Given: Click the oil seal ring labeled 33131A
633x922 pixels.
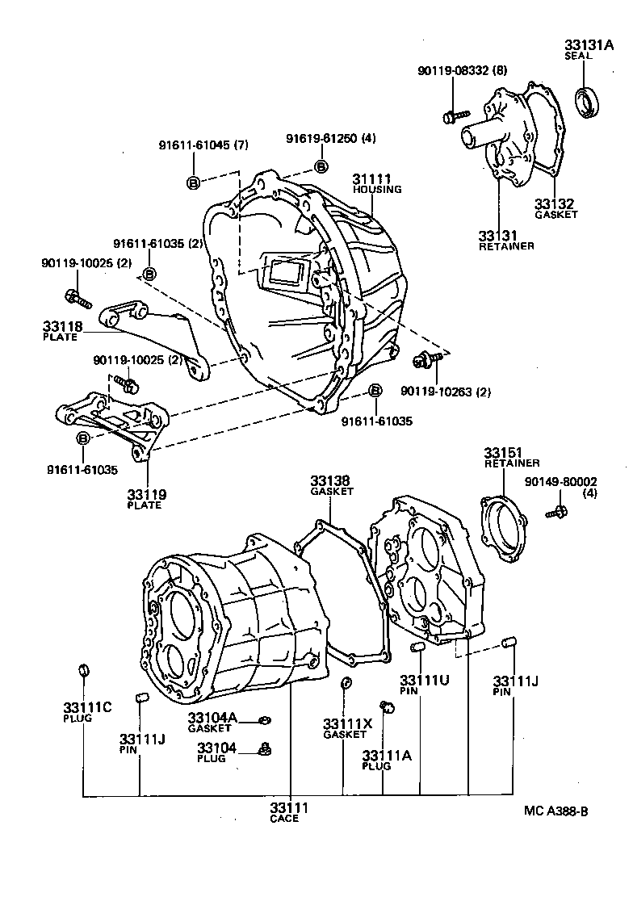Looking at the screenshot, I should click(587, 102).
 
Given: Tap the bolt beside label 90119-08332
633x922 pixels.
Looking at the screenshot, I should click(452, 117).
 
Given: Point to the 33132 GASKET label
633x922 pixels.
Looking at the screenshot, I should click(556, 208).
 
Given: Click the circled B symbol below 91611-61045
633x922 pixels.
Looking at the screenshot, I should click(194, 182).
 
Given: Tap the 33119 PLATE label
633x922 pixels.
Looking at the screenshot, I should click(145, 498).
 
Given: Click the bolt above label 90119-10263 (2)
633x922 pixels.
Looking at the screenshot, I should click(421, 360).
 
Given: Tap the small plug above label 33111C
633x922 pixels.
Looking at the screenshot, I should click(83, 669).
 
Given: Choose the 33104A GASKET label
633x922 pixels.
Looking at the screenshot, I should click(212, 722).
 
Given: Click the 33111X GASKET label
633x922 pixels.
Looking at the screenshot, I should click(346, 728).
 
